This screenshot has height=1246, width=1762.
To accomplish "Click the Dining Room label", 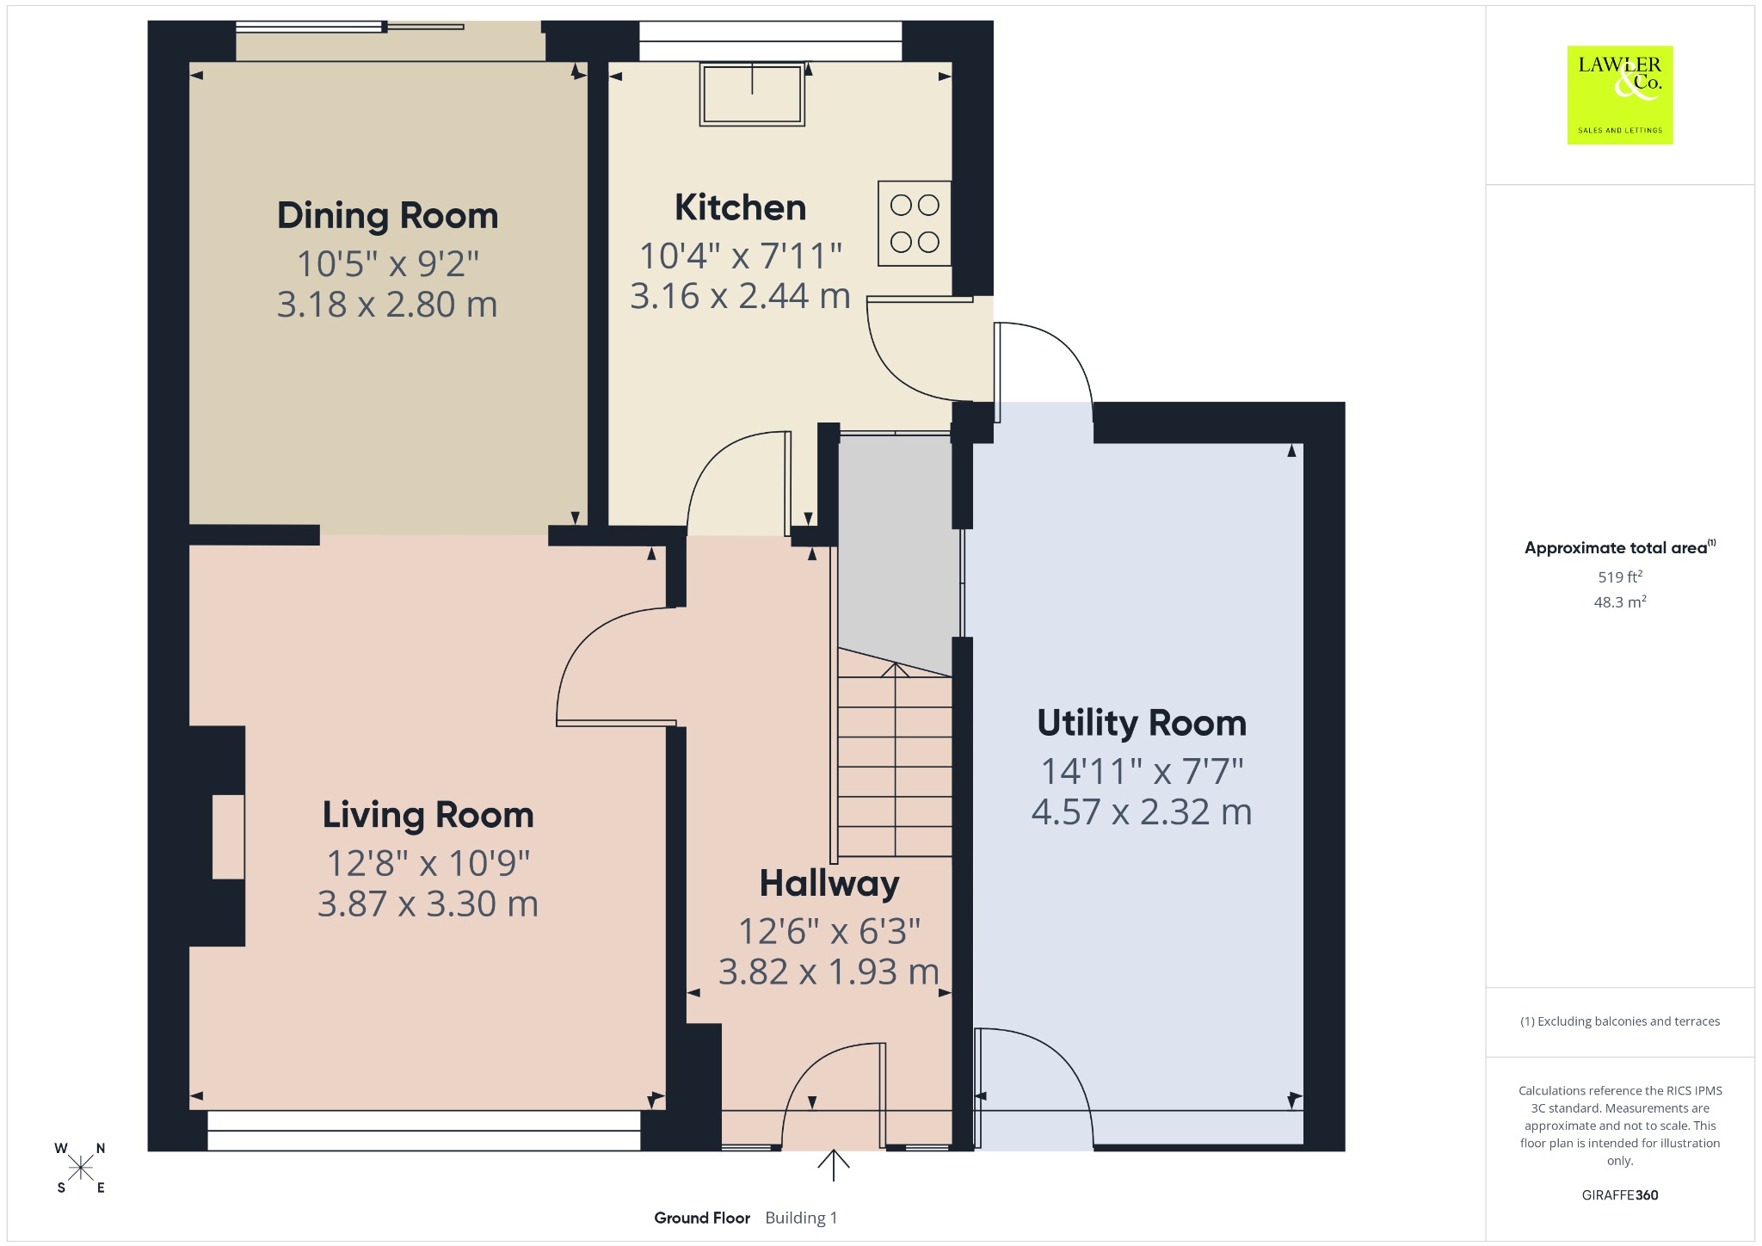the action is [x=387, y=216].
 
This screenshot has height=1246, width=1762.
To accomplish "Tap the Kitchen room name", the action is [x=740, y=207].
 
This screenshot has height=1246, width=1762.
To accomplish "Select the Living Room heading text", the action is [x=428, y=816].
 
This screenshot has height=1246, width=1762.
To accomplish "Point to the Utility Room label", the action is [x=1142, y=723].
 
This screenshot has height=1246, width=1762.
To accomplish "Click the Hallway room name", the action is [x=829, y=885].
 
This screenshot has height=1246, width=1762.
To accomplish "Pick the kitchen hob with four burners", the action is [x=915, y=223].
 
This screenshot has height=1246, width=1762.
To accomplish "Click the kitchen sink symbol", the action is [x=752, y=95].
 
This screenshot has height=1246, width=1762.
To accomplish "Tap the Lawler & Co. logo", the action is [x=1620, y=95].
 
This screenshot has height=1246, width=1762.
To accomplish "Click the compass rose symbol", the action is [x=81, y=1168].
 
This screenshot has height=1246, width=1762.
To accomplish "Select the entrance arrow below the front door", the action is [x=833, y=1165].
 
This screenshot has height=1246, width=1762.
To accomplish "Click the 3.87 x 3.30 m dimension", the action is [x=428, y=904].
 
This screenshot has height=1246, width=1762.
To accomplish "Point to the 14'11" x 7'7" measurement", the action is [x=1142, y=771].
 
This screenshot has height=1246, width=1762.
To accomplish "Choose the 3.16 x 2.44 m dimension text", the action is [x=740, y=296].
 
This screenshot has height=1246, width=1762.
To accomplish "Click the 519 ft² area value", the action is [x=1620, y=577].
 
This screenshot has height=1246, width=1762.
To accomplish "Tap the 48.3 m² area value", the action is [x=1620, y=601].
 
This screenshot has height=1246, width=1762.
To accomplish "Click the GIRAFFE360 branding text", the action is [x=1620, y=1194].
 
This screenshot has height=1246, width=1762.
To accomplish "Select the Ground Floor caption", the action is [x=702, y=1218].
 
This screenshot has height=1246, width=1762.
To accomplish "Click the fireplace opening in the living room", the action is [x=228, y=836].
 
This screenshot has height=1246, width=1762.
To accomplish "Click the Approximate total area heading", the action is [x=1620, y=547].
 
